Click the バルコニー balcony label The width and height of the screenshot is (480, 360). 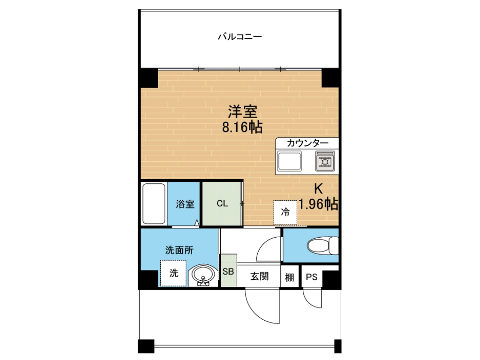(x=239, y=36)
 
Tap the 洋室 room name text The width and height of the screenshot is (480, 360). (x=242, y=112)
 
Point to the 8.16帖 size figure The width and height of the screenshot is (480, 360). (x=242, y=127)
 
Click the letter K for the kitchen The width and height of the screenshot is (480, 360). (x=318, y=189)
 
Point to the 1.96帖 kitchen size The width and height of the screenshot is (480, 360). (x=318, y=203)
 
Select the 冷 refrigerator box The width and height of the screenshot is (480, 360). (x=285, y=212)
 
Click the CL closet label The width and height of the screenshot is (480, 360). (x=222, y=204)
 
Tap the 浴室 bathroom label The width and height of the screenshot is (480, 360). (x=185, y=204)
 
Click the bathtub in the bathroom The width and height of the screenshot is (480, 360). (x=154, y=204)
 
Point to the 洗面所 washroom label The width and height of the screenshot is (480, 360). (x=179, y=250)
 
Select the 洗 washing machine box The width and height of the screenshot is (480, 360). (x=174, y=273)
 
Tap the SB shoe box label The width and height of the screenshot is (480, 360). (x=228, y=271)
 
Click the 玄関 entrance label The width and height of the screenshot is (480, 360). (x=259, y=277)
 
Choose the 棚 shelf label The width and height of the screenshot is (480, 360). (x=290, y=277)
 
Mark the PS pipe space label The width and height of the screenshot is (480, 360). (x=312, y=277)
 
